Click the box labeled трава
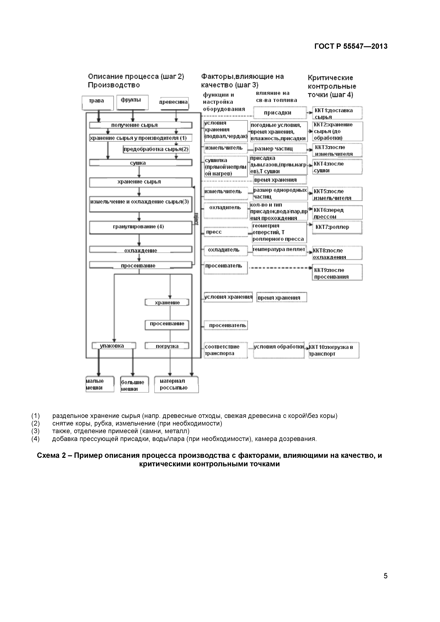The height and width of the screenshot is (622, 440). (x=98, y=103)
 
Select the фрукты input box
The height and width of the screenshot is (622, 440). (x=132, y=102)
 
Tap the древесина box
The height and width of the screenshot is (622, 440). (x=174, y=103)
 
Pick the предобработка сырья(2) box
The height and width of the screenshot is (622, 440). (x=156, y=149)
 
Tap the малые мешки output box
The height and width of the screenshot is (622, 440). (x=100, y=384)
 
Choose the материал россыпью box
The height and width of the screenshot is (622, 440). (x=176, y=384)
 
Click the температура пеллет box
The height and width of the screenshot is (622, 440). (x=279, y=250)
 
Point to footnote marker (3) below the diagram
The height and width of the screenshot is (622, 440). (x=35, y=431)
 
